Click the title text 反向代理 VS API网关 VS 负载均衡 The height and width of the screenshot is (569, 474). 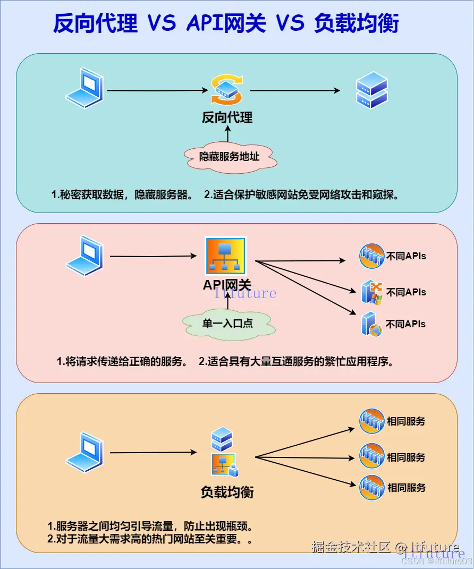coord(226,24)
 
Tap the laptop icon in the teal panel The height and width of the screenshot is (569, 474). coord(84,88)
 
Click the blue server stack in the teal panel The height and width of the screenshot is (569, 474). coord(371,90)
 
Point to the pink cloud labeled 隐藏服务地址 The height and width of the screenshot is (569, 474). coord(230,157)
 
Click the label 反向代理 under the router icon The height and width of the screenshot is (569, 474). coord(227,117)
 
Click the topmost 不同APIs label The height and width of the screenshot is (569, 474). coord(406,256)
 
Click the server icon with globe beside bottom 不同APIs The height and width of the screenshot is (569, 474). coord(371,324)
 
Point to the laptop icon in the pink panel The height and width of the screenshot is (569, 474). coord(84,256)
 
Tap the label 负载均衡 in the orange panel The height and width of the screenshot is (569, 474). coord(227,492)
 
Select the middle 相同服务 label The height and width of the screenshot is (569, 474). coord(406,457)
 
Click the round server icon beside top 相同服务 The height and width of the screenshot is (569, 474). coord(371,421)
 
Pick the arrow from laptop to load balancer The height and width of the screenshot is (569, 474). coord(153,453)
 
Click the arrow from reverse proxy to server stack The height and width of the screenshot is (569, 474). coord(295,91)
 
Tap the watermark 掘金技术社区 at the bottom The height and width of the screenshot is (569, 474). coord(351,547)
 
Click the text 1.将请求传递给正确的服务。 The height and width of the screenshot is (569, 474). coord(122,362)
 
